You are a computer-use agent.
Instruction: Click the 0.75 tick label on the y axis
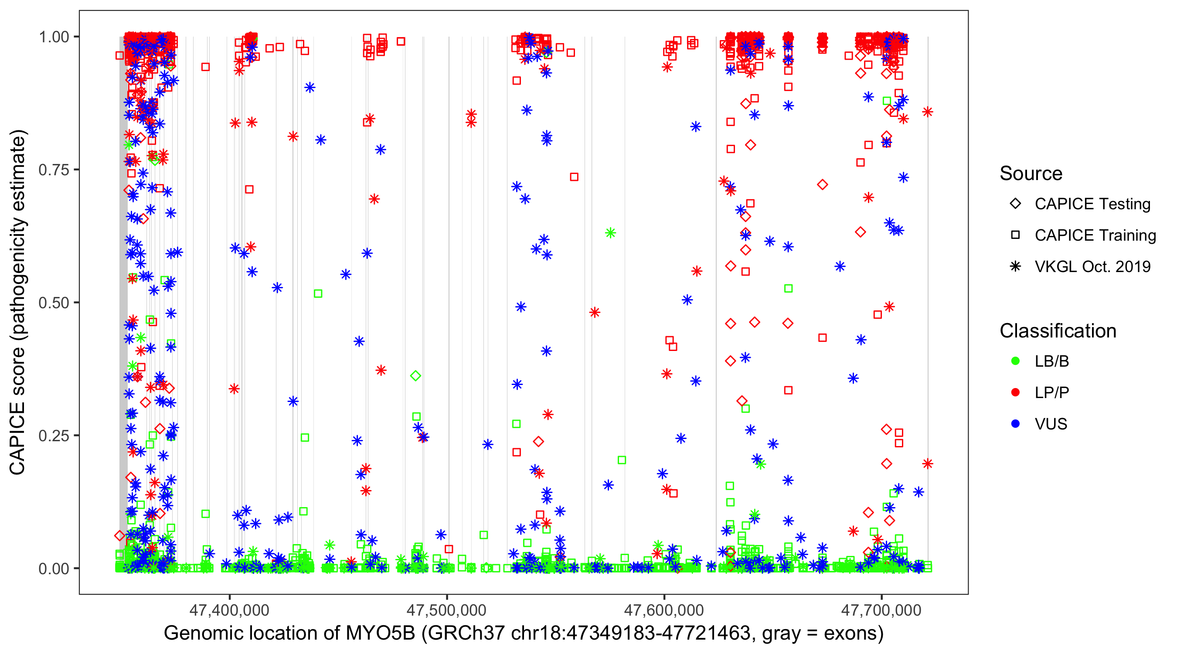[x=53, y=170]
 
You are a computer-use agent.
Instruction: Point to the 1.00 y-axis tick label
[x=53, y=37]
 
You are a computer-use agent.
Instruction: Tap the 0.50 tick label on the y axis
[x=53, y=303]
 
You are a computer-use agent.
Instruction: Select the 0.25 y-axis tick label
[x=53, y=436]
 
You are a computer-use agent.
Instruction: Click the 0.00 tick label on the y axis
[x=53, y=569]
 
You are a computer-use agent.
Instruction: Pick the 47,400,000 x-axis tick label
[x=229, y=610]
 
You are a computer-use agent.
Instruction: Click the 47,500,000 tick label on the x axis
[x=446, y=610]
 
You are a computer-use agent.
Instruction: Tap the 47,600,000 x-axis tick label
[x=664, y=610]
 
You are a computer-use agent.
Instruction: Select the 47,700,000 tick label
[x=881, y=610]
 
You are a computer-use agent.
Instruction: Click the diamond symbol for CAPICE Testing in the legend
[x=1015, y=204]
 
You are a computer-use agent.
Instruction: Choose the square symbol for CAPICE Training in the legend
[x=1015, y=235]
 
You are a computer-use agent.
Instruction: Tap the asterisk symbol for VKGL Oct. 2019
[x=1015, y=266]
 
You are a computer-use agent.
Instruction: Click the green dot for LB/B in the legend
[x=1015, y=361]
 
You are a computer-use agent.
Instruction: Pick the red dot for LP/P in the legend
[x=1015, y=392]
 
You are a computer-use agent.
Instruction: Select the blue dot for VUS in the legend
[x=1015, y=424]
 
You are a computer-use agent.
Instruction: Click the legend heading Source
[x=1031, y=174]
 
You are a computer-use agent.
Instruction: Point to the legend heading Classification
[x=1058, y=331]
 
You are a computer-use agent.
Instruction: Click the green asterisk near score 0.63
[x=610, y=233]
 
